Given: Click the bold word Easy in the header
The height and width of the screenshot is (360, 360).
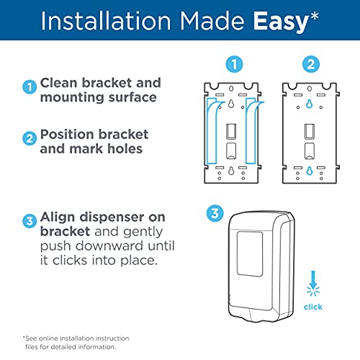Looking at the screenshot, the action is [281, 22].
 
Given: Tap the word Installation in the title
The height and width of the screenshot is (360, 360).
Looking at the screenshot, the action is [106, 21].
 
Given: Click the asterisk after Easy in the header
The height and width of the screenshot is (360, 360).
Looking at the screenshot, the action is [314, 17].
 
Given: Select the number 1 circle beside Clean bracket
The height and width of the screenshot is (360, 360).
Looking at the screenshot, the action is [30, 87].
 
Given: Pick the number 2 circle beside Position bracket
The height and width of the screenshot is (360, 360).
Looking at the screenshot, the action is [30, 138].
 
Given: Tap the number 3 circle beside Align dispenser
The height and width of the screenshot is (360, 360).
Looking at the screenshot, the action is [30, 221].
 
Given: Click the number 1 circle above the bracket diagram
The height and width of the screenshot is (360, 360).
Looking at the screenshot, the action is [234, 64].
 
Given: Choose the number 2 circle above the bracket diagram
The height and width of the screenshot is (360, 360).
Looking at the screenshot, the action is [311, 64].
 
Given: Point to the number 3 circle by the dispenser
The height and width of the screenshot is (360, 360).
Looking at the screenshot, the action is [215, 213].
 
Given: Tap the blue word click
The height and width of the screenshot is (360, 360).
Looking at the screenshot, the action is [313, 307].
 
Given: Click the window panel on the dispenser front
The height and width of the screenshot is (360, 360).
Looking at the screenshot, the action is [250, 254].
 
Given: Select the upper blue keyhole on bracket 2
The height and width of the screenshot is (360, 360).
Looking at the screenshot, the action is [310, 104].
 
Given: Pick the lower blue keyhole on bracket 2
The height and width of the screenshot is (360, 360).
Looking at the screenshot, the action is [310, 171].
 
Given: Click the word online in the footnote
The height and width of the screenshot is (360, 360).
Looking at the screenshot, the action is [48, 338].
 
